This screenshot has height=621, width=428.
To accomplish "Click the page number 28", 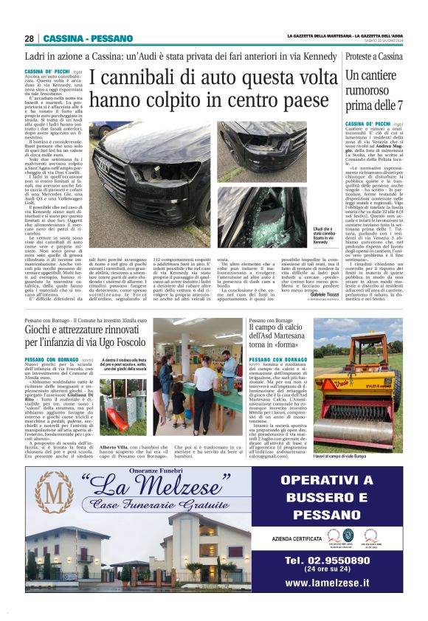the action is coord(29,38).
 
